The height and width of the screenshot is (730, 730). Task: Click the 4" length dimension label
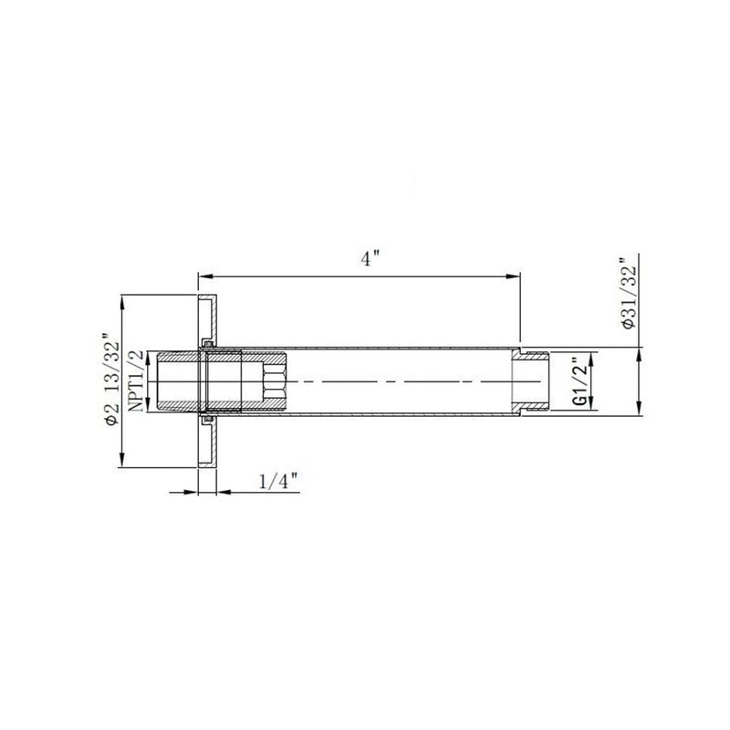click(370, 258)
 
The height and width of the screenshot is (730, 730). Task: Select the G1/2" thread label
click(577, 381)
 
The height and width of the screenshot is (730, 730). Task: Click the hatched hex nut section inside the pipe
click(273, 381)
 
